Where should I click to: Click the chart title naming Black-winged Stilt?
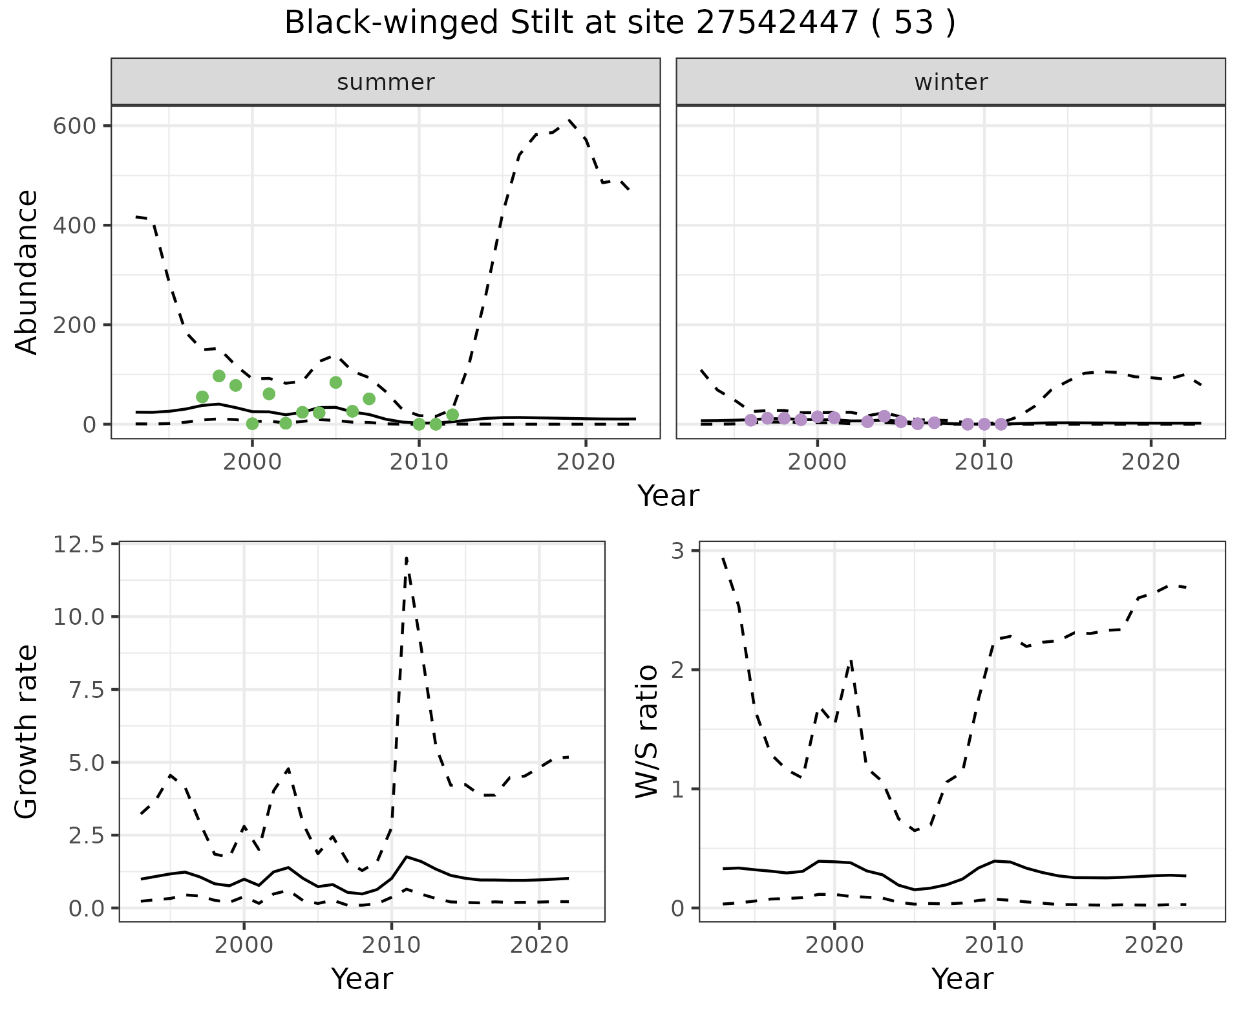click(619, 23)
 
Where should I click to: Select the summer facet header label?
click(386, 82)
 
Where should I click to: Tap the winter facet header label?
click(951, 82)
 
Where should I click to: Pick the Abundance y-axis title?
click(27, 272)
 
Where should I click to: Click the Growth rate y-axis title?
click(27, 732)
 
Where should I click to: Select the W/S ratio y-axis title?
click(646, 732)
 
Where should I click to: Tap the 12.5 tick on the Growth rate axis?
click(78, 545)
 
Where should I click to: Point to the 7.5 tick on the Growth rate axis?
click(78, 690)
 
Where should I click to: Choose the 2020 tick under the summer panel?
click(586, 462)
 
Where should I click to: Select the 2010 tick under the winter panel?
click(984, 462)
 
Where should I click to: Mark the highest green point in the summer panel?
click(219, 376)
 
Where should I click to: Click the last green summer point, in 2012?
click(452, 415)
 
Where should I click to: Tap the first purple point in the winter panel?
click(750, 420)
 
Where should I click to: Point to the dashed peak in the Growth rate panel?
click(406, 557)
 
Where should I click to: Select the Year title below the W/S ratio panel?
click(962, 979)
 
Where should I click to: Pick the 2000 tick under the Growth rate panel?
click(244, 945)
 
